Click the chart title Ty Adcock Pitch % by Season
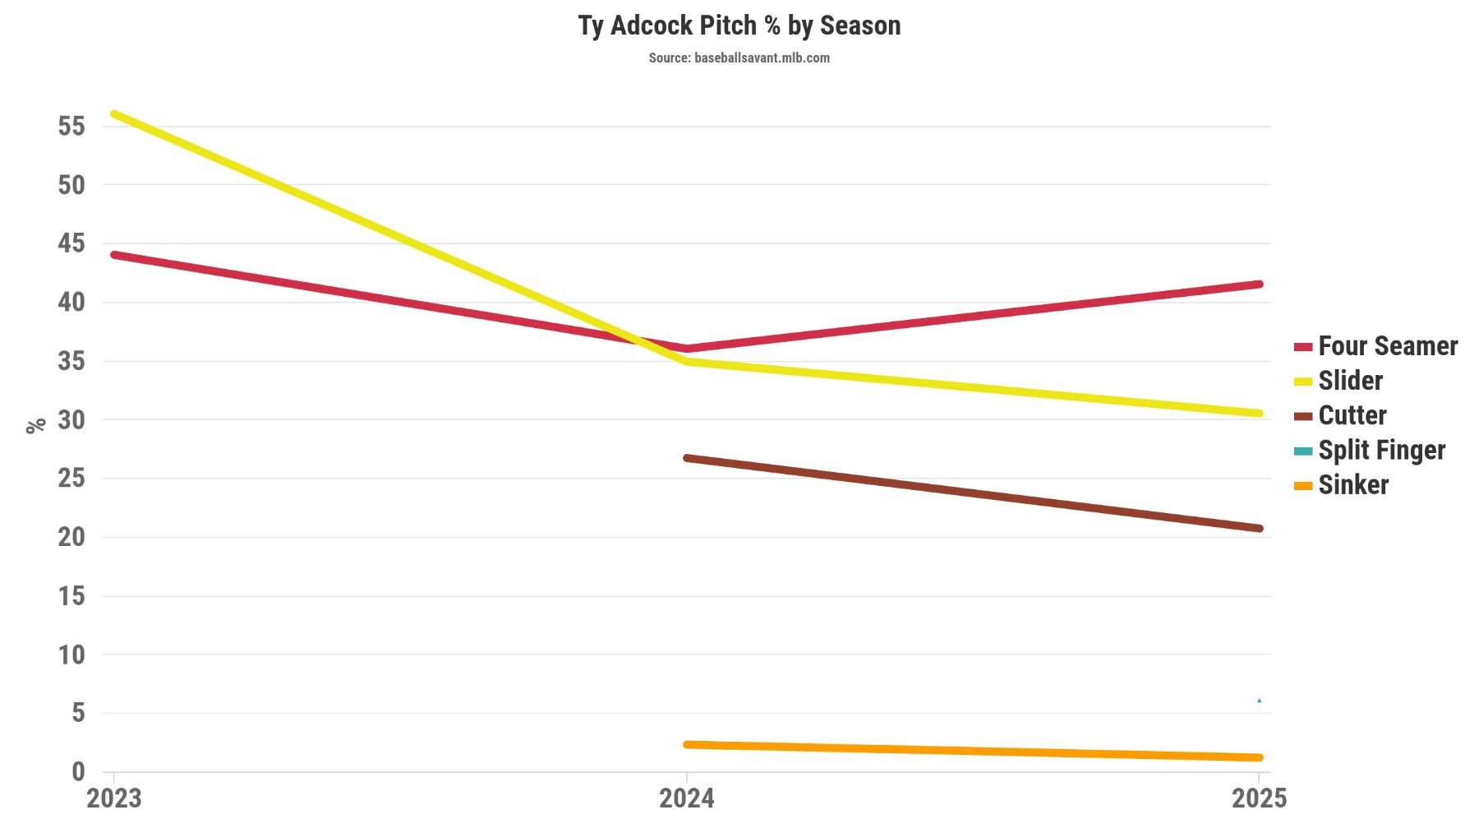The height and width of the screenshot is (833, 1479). (739, 25)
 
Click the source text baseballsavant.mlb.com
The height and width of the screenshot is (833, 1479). (739, 58)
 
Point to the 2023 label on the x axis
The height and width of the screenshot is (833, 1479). (113, 798)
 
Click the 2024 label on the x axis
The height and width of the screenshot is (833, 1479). (686, 798)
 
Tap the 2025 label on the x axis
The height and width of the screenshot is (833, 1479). (1259, 798)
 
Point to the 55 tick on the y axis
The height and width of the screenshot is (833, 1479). (71, 126)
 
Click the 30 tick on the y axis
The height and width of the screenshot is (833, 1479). (71, 419)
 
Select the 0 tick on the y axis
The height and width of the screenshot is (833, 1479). (78, 771)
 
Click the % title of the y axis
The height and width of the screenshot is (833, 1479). (35, 425)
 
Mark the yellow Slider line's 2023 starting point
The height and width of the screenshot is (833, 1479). (114, 113)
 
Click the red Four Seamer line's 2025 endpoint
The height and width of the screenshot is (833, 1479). (1259, 285)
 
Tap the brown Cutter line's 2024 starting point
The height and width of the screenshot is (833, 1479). (687, 458)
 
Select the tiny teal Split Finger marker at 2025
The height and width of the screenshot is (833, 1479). (1259, 701)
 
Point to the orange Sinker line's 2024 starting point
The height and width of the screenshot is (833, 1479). (687, 744)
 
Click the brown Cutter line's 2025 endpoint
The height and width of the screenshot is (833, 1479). (1259, 528)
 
